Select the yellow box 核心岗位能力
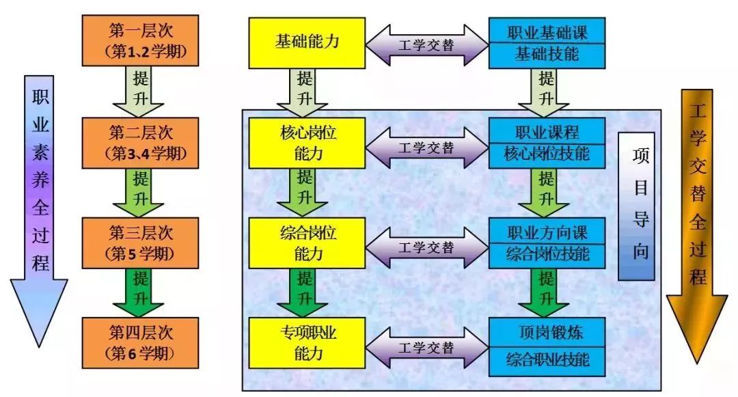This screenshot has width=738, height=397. [307, 143]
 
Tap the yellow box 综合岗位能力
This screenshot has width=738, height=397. [307, 243]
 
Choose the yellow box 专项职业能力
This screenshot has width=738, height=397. [307, 342]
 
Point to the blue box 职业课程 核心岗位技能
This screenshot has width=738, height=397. [547, 143]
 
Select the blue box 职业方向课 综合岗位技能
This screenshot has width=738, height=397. [547, 243]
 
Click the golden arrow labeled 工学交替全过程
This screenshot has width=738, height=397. [698, 212]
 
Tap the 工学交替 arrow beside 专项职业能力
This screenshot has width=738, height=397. [426, 348]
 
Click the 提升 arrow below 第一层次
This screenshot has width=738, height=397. [139, 92]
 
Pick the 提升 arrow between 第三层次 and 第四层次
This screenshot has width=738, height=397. [139, 292]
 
